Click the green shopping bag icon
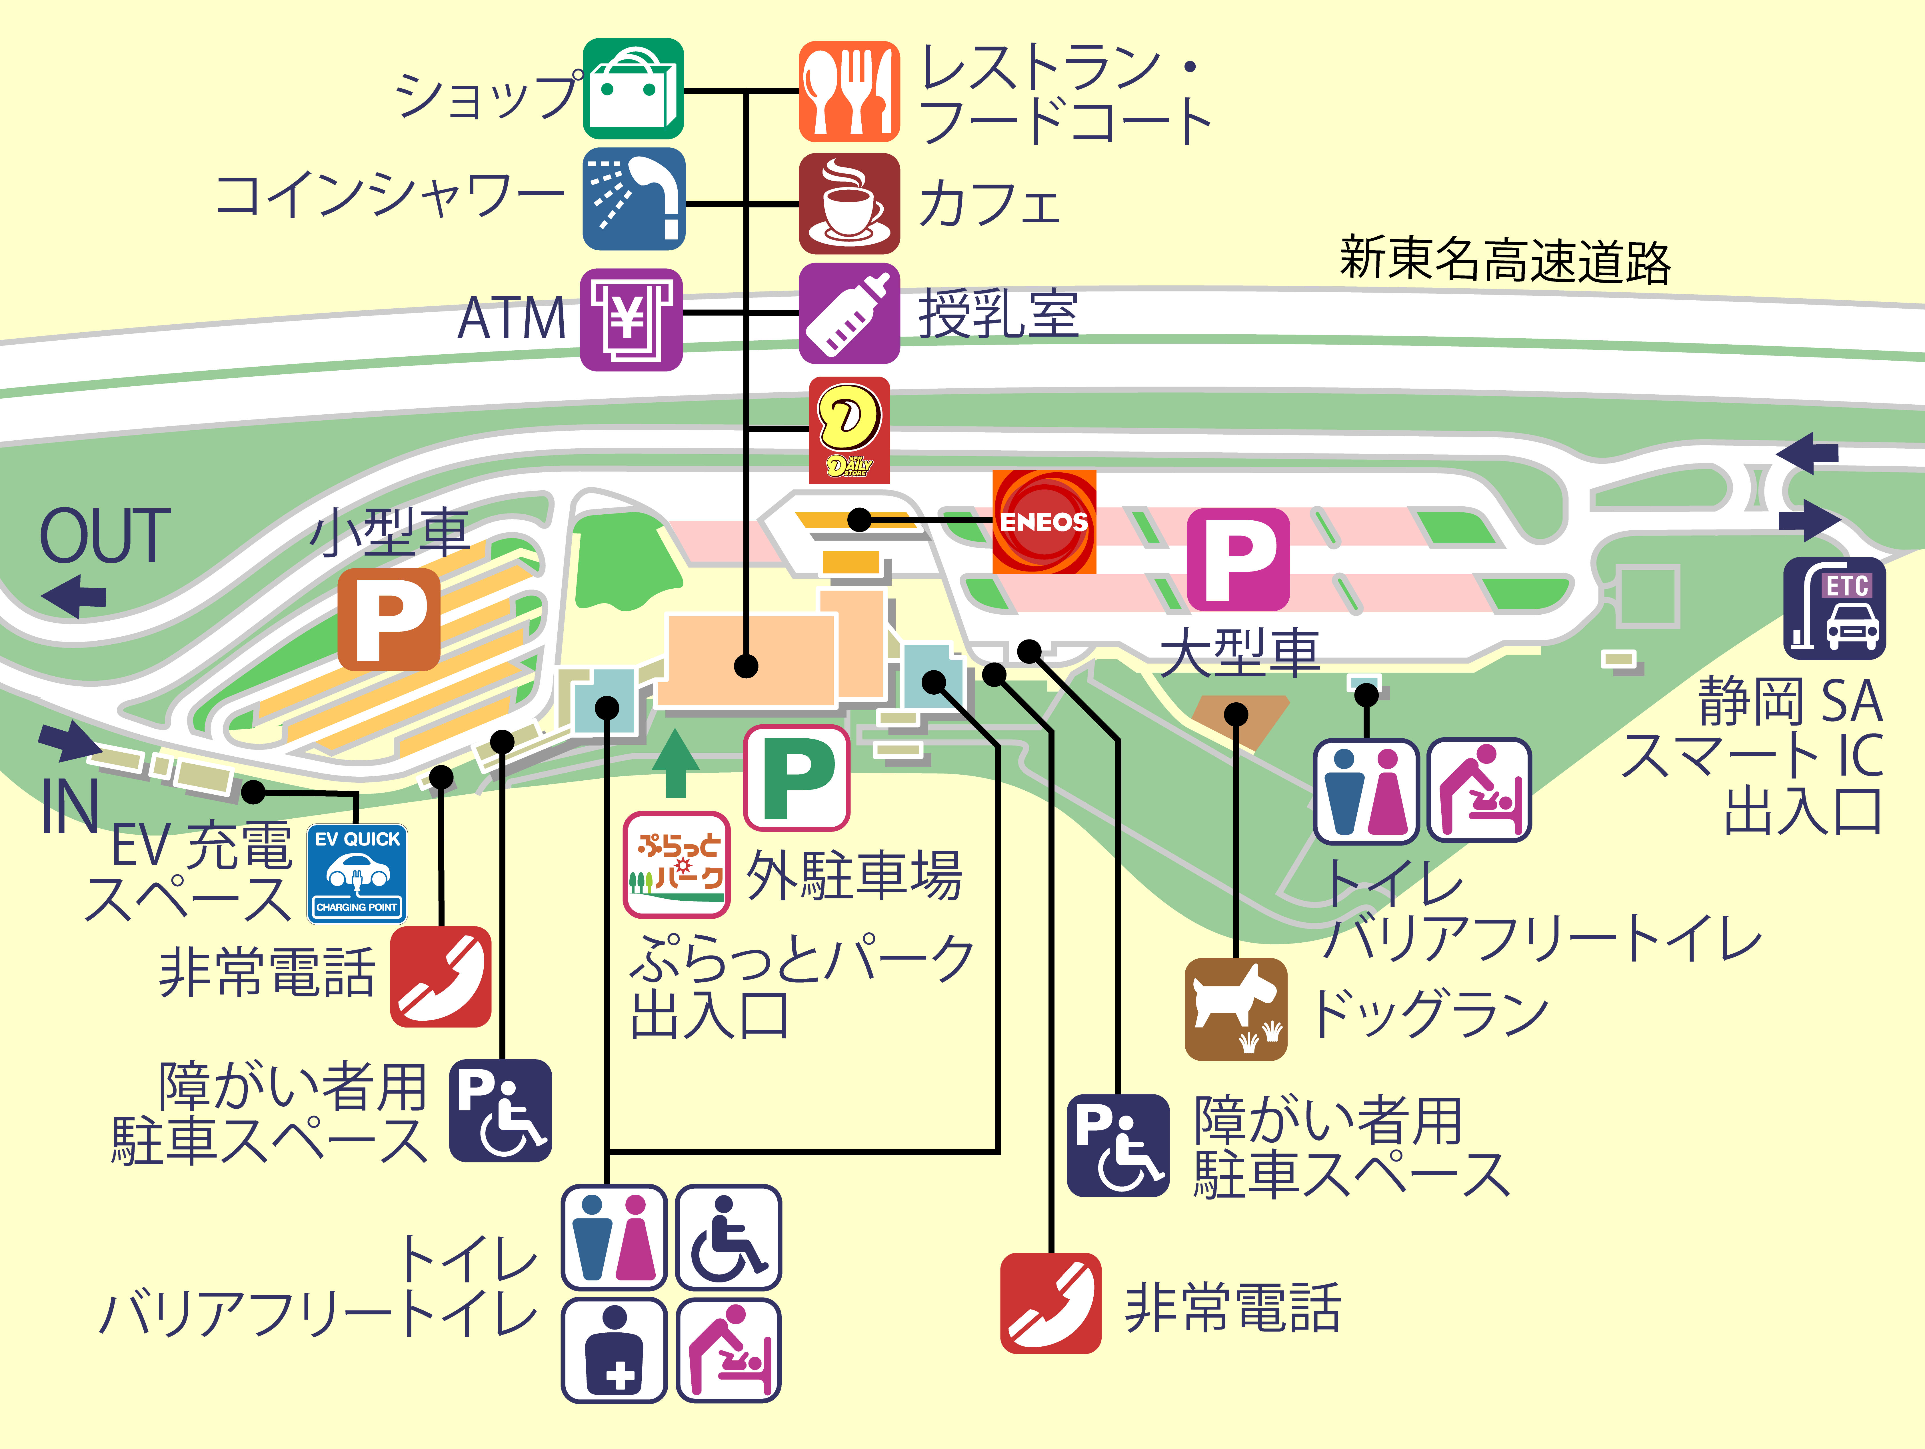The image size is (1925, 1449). [x=633, y=89]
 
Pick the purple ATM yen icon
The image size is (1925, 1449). [x=631, y=319]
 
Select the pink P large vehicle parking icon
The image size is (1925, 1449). [x=1238, y=559]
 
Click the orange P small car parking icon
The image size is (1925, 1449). [x=388, y=619]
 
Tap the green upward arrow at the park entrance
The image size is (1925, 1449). [x=675, y=763]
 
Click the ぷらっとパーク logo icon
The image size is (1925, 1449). [x=676, y=864]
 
